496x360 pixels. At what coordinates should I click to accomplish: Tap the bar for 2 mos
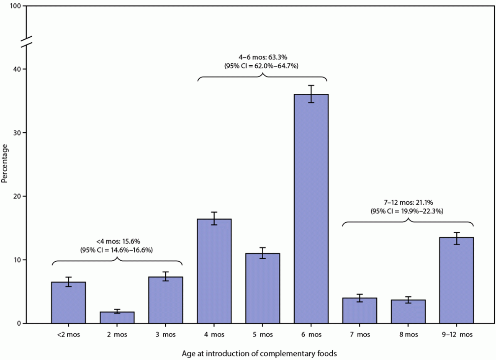(x=117, y=318)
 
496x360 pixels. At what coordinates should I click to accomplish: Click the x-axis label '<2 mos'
(x=68, y=335)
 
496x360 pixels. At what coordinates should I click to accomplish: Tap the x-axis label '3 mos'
(x=165, y=335)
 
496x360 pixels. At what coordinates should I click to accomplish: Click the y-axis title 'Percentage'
(x=5, y=164)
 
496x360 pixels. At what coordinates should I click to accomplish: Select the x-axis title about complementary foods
(x=259, y=353)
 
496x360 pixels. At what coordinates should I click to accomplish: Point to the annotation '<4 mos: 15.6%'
(x=116, y=242)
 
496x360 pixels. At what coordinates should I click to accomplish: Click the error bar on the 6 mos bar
(x=311, y=94)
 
